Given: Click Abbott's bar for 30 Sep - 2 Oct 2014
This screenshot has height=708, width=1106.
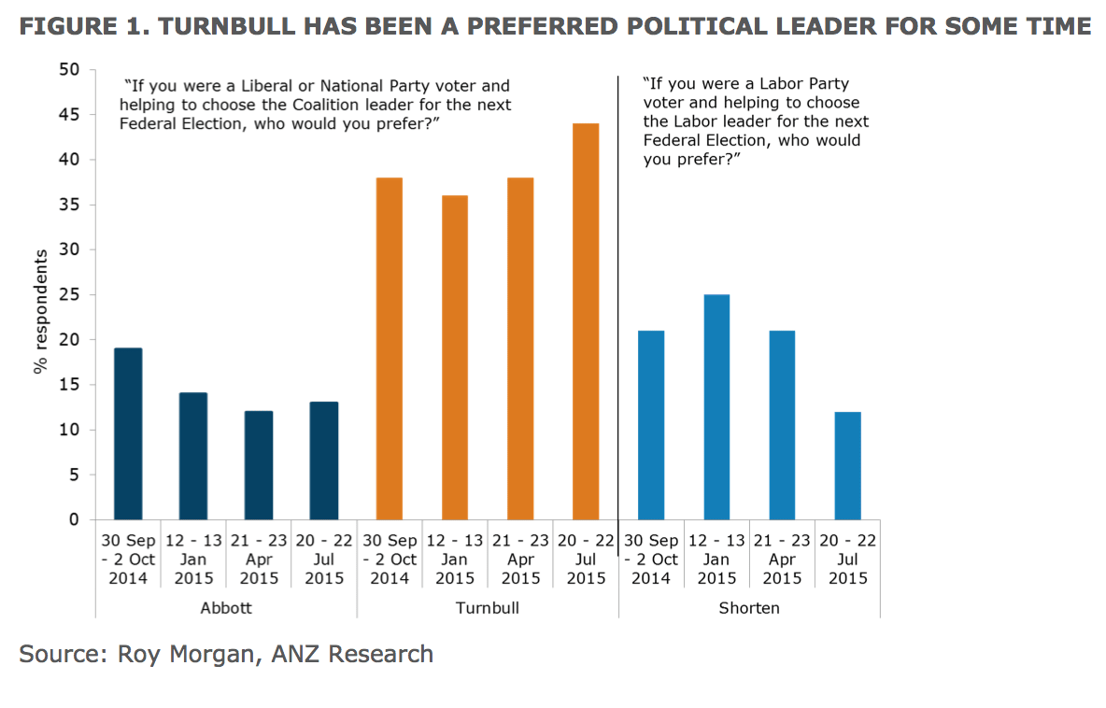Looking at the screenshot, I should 128,433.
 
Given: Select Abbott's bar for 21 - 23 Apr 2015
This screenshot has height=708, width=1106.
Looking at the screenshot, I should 259,465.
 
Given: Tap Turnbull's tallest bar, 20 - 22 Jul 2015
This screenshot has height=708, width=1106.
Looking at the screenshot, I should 586,321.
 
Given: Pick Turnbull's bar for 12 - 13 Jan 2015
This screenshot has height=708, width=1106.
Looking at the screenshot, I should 455,357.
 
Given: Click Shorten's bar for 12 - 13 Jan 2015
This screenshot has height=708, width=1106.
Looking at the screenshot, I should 716,406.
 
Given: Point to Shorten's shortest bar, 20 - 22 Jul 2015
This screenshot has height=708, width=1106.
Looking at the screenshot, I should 847,465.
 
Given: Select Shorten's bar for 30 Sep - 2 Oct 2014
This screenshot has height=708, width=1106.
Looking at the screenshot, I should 651,424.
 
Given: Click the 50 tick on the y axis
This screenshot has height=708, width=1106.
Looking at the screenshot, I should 71,70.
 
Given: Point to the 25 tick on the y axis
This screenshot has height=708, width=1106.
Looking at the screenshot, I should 71,295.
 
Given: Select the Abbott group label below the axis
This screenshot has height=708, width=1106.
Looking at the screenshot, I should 226,608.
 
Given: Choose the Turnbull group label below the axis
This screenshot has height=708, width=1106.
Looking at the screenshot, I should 487,608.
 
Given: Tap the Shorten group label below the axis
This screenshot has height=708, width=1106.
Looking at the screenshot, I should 749,608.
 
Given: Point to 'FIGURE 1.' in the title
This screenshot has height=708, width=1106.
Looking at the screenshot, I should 81,26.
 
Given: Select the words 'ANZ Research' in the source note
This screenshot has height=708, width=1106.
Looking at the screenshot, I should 352,654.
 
